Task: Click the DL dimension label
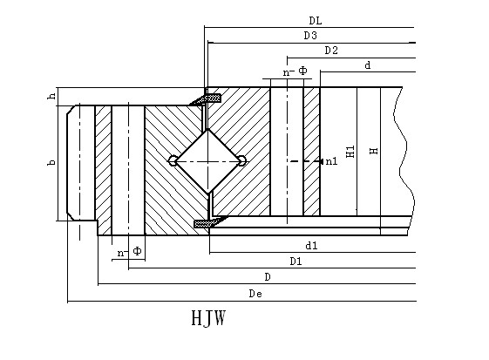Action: pos(316,21)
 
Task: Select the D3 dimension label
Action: pos(310,36)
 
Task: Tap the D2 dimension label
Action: pos(331,51)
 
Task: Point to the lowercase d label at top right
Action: pos(368,65)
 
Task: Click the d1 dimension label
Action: pos(311,246)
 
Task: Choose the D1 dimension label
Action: pos(296,262)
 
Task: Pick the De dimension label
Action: pos(255,294)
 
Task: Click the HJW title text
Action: pos(208,318)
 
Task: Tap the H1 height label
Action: pos(350,152)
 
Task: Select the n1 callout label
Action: pos(331,161)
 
